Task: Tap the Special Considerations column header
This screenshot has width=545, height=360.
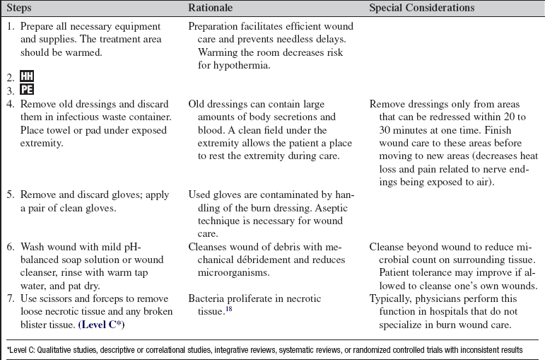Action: tap(422, 8)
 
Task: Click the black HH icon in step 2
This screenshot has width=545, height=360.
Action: tap(27, 76)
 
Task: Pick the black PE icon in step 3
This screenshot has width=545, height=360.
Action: tap(27, 90)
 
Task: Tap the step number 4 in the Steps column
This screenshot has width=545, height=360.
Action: tap(10, 103)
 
